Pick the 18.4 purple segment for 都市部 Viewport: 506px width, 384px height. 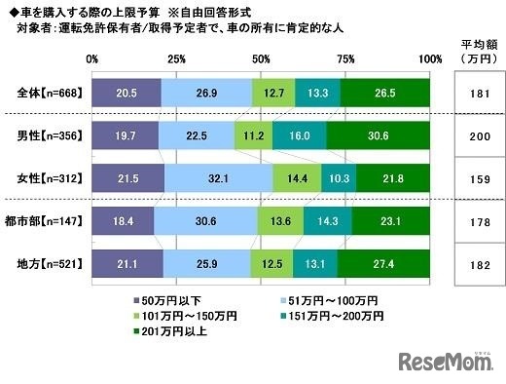pyautogui.click(x=124, y=222)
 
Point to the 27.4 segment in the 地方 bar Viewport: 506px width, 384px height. pyautogui.click(x=382, y=263)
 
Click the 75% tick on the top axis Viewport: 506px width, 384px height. pyautogui.click(x=345, y=59)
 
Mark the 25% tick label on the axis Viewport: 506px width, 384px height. pyautogui.click(x=177, y=59)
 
